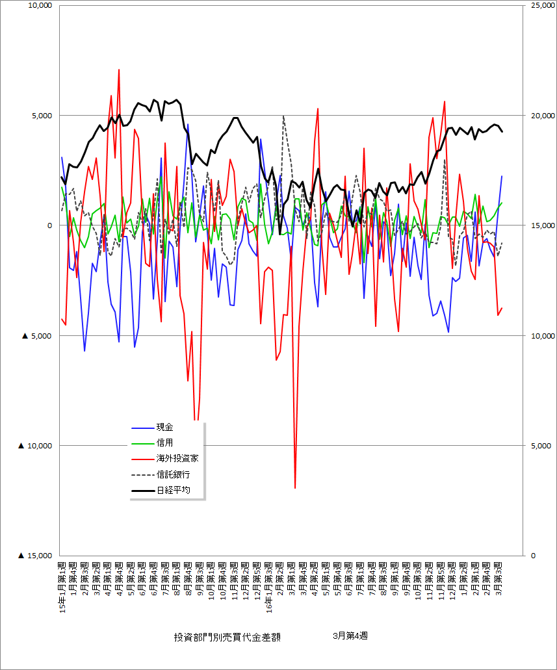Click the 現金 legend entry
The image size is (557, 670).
(x=164, y=428)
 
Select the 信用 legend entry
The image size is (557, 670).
(x=164, y=443)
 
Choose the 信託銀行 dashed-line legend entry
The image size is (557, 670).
(x=173, y=474)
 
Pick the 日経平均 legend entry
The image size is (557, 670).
(x=173, y=490)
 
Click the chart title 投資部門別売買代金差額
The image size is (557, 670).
(x=227, y=638)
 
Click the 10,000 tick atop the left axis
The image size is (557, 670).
(x=38, y=6)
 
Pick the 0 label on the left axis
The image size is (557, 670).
(x=49, y=225)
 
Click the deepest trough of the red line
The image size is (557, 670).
(x=295, y=487)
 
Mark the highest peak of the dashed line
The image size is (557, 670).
(x=283, y=116)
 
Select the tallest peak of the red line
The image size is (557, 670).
(x=119, y=70)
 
